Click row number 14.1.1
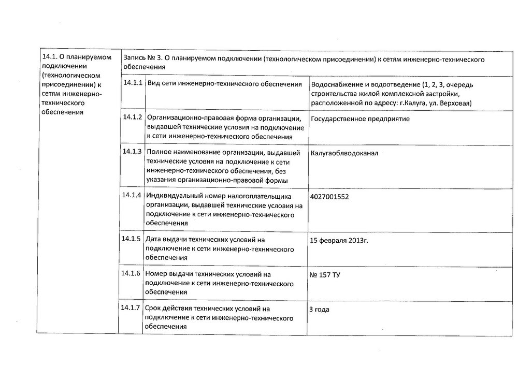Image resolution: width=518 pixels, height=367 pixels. click(x=133, y=83)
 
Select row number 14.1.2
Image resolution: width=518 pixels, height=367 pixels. click(x=133, y=117)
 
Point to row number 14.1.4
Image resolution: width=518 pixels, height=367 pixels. click(x=133, y=195)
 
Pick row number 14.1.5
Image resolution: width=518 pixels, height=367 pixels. click(x=133, y=239)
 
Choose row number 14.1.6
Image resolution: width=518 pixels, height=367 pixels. click(x=133, y=273)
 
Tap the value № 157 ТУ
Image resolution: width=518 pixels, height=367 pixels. click(x=325, y=275)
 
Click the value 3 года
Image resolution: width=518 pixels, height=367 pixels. click(x=319, y=310)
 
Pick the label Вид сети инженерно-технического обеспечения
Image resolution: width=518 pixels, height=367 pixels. click(x=225, y=84)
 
